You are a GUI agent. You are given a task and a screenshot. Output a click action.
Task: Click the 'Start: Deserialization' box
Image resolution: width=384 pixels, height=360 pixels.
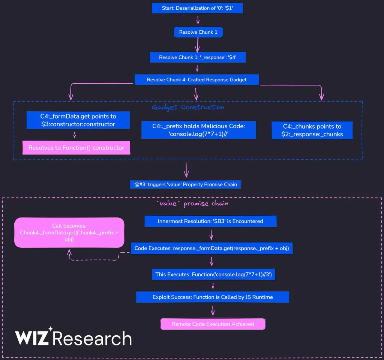[x=198, y=8]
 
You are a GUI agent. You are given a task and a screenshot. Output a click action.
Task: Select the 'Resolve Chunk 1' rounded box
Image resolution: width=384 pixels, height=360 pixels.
[x=198, y=32]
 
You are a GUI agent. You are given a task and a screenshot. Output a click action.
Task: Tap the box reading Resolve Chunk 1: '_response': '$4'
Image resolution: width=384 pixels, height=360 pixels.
[x=198, y=57]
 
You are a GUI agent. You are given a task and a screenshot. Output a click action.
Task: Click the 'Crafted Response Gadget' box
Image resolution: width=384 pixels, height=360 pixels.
[x=197, y=79]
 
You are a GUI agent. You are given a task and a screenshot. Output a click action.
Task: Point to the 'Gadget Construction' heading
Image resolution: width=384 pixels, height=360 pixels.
[x=188, y=107]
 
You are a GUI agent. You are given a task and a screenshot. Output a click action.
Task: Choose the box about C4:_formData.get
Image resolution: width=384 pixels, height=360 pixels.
[x=78, y=120]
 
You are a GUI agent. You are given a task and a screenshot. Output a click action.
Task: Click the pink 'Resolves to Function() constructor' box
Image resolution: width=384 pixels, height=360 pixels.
[x=76, y=148]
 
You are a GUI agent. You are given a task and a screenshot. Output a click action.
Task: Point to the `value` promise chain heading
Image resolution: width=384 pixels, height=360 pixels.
[x=192, y=204]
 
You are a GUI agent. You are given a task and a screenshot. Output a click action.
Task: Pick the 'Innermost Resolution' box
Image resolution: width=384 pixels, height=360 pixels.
[x=210, y=221]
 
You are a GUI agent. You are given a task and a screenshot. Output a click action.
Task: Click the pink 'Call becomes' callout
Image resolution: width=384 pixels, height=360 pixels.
[x=69, y=232]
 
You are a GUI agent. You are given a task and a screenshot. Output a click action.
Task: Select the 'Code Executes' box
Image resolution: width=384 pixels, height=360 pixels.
[x=212, y=248]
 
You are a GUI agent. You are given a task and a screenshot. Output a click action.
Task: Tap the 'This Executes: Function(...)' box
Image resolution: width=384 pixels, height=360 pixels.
[x=213, y=274]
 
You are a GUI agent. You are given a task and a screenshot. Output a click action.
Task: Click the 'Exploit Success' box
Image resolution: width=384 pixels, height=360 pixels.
[x=213, y=297]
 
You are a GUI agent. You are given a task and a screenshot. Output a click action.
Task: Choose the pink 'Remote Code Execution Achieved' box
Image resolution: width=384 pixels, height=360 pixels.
[x=213, y=324]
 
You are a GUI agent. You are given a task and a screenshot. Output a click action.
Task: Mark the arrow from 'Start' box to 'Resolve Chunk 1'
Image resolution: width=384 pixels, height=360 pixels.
[x=198, y=21]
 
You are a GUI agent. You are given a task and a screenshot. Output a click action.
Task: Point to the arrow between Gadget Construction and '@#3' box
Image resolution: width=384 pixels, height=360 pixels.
[x=186, y=170]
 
